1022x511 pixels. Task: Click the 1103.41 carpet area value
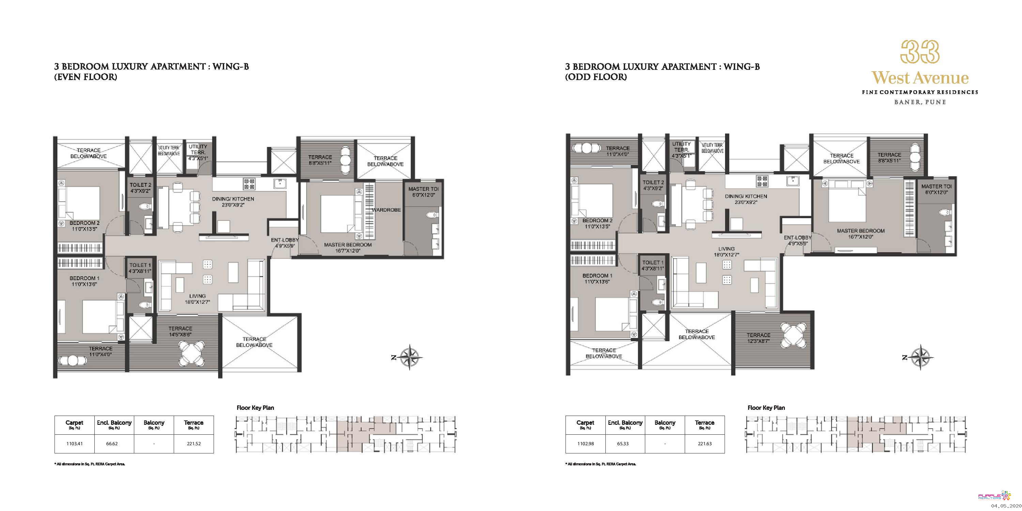point(75,444)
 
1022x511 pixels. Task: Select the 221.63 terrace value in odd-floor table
point(704,444)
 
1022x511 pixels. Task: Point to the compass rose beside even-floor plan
point(410,357)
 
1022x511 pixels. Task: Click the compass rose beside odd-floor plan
point(921,357)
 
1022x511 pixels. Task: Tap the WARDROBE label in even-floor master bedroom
point(386,210)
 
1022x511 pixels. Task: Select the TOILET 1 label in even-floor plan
point(140,265)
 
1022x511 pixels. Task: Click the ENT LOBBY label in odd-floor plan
point(798,238)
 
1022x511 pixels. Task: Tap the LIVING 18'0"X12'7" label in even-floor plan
point(197,299)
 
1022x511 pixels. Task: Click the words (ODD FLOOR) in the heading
point(596,77)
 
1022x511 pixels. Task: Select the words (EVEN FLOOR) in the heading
point(86,77)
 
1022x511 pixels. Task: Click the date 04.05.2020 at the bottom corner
point(1006,506)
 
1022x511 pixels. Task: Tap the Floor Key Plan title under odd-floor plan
point(766,407)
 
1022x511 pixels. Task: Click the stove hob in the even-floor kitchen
point(249,184)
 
